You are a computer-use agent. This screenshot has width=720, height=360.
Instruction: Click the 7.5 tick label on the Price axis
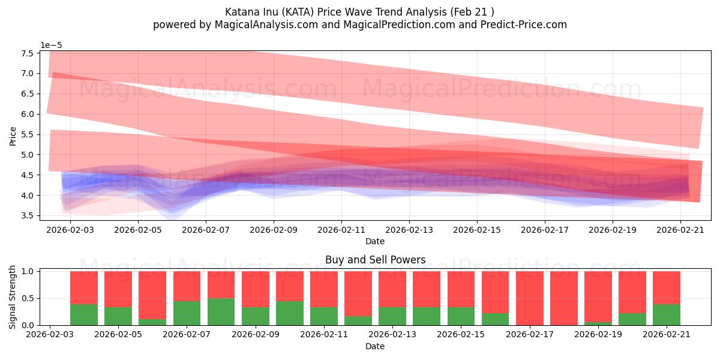[28, 53]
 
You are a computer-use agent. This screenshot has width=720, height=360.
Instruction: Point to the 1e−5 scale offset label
[51, 46]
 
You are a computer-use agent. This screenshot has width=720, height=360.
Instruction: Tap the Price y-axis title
[13, 136]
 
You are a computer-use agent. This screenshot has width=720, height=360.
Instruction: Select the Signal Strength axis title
[12, 297]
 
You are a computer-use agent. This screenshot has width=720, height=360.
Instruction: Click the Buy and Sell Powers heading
[375, 260]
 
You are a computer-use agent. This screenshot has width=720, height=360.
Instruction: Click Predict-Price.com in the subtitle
[523, 25]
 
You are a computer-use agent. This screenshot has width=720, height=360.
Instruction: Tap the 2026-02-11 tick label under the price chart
[341, 230]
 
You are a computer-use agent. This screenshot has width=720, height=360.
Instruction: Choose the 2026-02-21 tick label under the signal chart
[667, 335]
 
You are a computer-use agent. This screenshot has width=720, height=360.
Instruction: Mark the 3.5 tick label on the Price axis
[28, 215]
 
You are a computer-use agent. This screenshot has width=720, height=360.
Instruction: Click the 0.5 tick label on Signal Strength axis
[28, 299]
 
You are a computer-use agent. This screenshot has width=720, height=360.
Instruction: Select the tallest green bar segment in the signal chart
[221, 312]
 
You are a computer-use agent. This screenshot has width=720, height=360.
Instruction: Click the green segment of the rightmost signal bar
[667, 314]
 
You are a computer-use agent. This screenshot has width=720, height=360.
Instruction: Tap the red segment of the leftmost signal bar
[84, 287]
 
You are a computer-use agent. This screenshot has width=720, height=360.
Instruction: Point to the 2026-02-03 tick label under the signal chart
[49, 335]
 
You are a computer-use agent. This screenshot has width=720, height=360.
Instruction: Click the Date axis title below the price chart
[375, 241]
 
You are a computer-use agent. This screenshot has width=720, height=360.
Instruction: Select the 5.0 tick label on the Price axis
[28, 155]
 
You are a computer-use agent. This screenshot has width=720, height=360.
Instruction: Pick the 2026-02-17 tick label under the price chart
[545, 230]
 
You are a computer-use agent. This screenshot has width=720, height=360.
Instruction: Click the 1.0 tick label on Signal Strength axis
[28, 272]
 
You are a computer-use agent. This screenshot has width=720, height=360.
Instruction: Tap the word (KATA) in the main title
[298, 12]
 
